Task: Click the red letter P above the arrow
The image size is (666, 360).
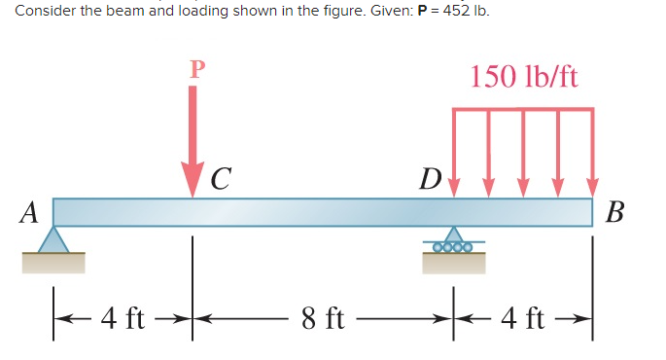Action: point(197,69)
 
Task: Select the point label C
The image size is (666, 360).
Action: point(221,178)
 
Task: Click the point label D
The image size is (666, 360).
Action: point(429,180)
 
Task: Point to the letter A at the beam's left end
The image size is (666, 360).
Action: point(30,211)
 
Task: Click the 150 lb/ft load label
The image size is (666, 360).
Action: point(524,76)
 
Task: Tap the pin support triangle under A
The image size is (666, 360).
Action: point(53,239)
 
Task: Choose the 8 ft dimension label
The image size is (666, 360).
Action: point(323,317)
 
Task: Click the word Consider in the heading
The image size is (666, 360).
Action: point(42,12)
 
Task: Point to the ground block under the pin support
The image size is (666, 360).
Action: point(53,262)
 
